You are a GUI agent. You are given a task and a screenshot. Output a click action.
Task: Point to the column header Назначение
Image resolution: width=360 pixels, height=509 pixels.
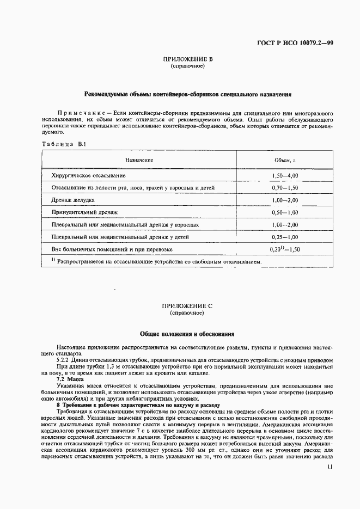[x=139, y=160]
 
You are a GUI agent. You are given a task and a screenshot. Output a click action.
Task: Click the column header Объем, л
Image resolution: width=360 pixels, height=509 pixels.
[x=285, y=161]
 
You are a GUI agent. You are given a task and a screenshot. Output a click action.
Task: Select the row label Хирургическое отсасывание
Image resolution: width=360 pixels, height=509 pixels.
[x=88, y=176]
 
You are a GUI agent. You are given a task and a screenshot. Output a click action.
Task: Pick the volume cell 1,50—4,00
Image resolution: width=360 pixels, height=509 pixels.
[x=285, y=176]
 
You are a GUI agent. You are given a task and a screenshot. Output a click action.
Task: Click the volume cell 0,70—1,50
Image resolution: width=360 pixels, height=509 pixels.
[x=285, y=188]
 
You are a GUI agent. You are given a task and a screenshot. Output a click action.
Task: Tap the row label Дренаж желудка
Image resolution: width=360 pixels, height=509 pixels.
[x=73, y=200]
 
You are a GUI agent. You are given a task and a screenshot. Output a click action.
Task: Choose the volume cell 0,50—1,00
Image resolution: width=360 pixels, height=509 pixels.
[x=285, y=212]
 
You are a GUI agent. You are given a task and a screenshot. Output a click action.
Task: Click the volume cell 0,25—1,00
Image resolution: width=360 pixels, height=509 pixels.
[x=285, y=237]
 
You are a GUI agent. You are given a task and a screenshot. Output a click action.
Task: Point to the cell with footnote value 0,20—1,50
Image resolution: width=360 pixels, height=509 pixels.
[x=285, y=249]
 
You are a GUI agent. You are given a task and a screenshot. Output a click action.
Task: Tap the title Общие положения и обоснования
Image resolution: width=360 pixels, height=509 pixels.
[x=187, y=333]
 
